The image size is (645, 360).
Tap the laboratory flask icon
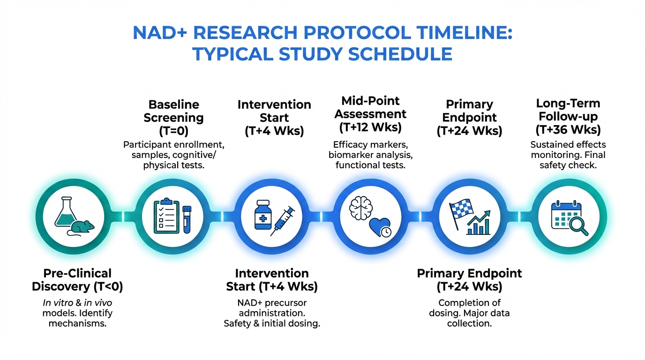(x=66, y=212)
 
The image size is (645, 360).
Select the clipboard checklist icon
(x=166, y=216)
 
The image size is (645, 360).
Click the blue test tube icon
(x=187, y=219)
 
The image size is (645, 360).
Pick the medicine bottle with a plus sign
(x=263, y=215)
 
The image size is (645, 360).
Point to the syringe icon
(x=283, y=221)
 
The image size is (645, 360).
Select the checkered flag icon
(x=460, y=214)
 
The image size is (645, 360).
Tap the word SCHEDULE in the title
(x=400, y=54)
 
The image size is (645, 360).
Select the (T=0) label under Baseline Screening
(x=173, y=131)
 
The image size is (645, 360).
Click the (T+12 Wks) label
(x=370, y=127)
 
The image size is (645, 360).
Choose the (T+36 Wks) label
(x=568, y=129)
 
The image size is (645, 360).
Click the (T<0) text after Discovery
(x=108, y=286)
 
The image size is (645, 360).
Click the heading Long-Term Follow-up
(x=568, y=110)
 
